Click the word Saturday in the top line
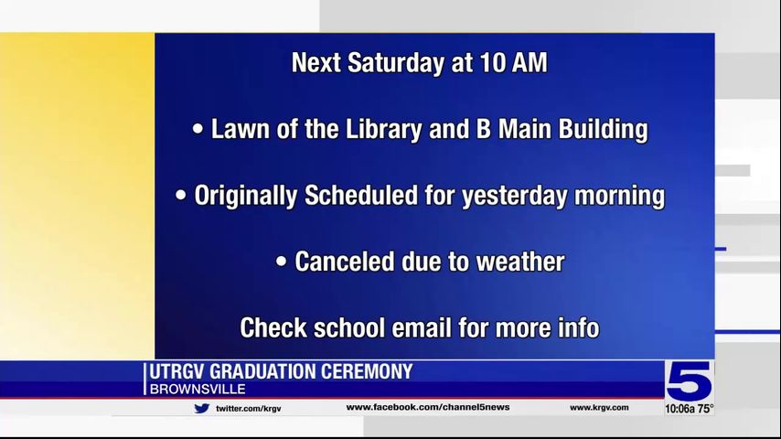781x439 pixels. (x=395, y=63)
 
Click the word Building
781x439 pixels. (x=603, y=130)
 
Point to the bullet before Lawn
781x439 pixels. (x=198, y=129)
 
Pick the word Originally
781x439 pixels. (x=246, y=196)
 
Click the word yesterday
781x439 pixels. (x=515, y=196)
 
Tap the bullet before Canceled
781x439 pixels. (x=281, y=261)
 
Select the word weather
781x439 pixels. (x=520, y=262)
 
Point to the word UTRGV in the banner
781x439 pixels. (x=177, y=371)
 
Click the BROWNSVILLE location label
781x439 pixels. (x=198, y=390)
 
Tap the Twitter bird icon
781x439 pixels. (x=202, y=408)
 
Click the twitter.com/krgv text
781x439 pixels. (x=248, y=409)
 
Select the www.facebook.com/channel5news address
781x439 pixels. (x=428, y=407)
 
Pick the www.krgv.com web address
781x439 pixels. (x=599, y=407)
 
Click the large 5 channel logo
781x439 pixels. (x=690, y=381)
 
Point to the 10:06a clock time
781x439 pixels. (x=679, y=409)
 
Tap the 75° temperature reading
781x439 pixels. (x=705, y=409)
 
